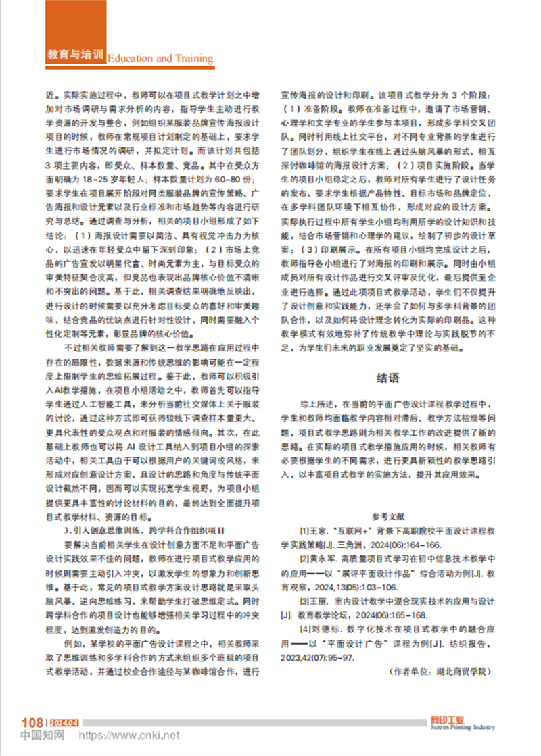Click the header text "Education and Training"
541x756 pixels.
pos(160,58)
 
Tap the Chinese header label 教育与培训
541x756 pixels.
pos(77,55)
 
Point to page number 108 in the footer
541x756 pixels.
pos(32,723)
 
